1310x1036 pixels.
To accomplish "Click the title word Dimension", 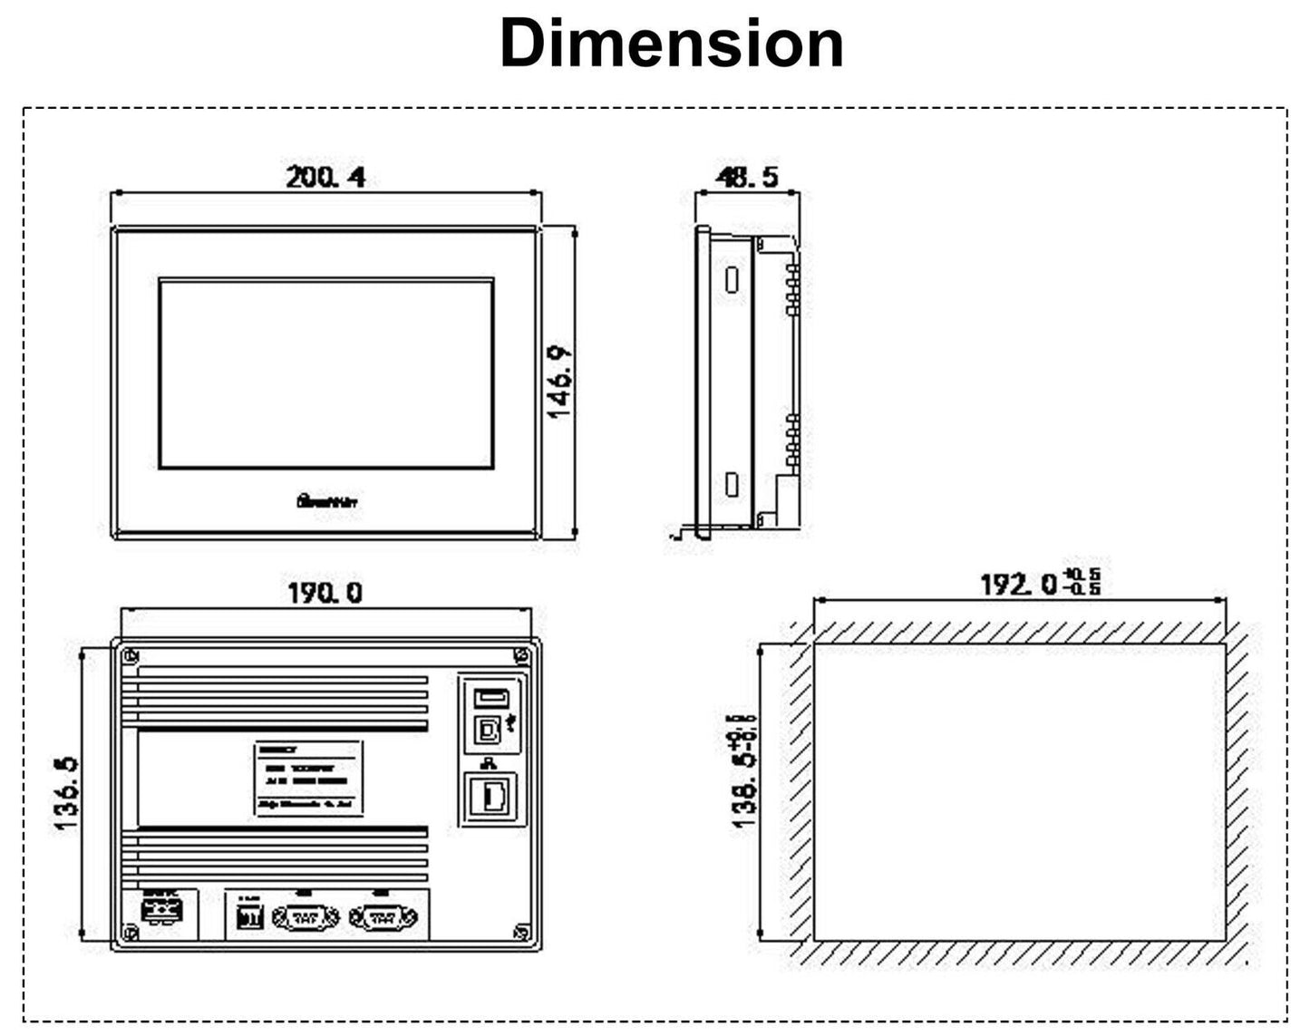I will click(x=671, y=44).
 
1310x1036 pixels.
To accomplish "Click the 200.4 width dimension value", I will click(x=325, y=177).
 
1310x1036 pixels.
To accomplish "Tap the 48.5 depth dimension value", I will click(x=747, y=177).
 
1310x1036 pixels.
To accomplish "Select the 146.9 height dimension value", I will click(x=559, y=382).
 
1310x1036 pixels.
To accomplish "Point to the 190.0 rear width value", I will click(x=325, y=593).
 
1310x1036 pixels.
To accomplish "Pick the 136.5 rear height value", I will click(x=65, y=794).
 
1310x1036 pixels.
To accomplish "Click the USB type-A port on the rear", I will click(x=490, y=698).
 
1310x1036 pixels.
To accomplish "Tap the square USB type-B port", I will click(x=489, y=729).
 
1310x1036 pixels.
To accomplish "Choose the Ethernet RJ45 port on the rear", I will click(x=492, y=797).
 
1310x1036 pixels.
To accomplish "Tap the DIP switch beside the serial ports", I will click(x=248, y=918).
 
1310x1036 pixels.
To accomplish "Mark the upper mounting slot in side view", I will click(x=731, y=278).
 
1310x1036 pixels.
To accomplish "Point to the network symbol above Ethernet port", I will click(x=490, y=764).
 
